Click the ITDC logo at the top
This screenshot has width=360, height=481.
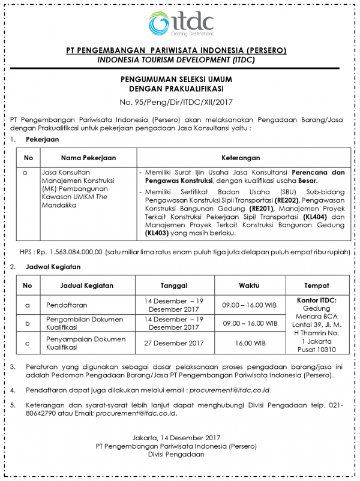[180, 23]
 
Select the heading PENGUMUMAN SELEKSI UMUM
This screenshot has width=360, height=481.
[180, 79]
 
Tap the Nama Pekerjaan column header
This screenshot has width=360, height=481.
[88, 158]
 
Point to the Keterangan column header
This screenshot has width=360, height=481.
[241, 158]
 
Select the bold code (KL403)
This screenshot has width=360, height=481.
[158, 233]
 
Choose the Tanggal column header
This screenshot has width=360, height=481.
[175, 285]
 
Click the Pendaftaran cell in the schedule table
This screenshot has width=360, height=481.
[62, 305]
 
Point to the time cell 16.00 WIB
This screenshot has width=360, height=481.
[250, 343]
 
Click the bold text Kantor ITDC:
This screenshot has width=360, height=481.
[316, 299]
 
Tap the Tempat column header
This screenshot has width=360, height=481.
[316, 285]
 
